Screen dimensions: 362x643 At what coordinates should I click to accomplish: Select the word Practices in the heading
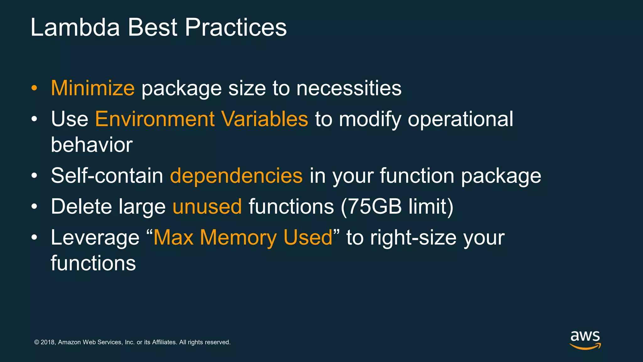235,28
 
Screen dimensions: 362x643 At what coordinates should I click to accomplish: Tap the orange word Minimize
93,88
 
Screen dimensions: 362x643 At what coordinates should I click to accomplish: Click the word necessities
349,88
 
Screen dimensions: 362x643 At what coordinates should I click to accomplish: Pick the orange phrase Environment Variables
201,119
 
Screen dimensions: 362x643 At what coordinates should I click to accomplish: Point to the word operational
460,119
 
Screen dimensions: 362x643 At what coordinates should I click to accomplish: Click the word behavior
92,145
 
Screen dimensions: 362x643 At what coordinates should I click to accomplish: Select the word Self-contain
107,175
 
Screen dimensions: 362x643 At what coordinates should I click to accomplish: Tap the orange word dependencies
236,175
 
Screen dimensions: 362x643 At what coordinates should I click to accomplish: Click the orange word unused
207,206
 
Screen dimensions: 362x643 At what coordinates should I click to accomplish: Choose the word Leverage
95,237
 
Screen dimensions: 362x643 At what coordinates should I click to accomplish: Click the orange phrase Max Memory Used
243,237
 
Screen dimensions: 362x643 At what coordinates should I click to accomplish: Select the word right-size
413,237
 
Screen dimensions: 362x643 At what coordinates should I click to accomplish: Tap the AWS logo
585,340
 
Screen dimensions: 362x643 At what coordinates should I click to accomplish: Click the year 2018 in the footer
48,342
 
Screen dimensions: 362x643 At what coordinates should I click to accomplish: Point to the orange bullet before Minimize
34,88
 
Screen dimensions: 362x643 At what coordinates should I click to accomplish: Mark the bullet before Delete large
34,207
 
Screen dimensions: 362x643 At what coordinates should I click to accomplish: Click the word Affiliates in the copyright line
164,342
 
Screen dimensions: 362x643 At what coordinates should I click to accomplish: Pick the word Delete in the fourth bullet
81,206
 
